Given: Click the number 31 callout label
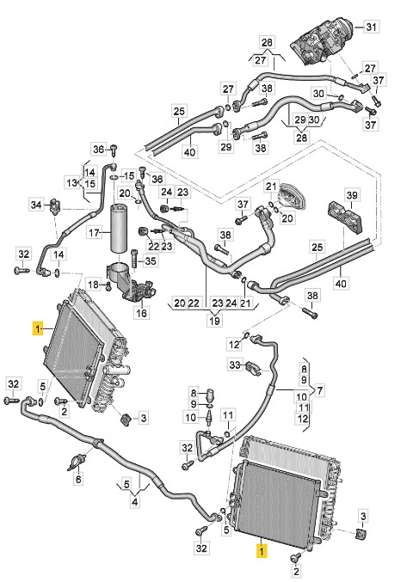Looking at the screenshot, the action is tap(371, 27).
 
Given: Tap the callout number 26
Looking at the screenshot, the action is tap(267, 42).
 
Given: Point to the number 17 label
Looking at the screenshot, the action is tap(95, 233).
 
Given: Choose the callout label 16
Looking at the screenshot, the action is tap(141, 313).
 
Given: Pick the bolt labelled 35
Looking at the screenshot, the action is tap(134, 259).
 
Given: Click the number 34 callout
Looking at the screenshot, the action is tap(36, 205).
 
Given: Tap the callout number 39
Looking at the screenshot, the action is tap(351, 195).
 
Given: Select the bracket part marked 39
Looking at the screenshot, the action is tap(344, 217).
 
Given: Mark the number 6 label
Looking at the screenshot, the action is tap(78, 479).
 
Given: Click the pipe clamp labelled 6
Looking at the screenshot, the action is tap(77, 461).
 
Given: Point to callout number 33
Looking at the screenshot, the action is tap(235, 365).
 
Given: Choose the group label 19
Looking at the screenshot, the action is tap(214, 320).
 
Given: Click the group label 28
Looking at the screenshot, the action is tap(302, 138).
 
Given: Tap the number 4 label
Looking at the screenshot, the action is tap(135, 502).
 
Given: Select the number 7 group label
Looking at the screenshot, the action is tap(319, 390).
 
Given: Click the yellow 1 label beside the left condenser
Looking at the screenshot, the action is tap(38, 328).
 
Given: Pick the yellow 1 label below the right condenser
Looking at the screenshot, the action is tap(262, 551).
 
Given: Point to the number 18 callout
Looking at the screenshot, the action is tap(93, 285).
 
